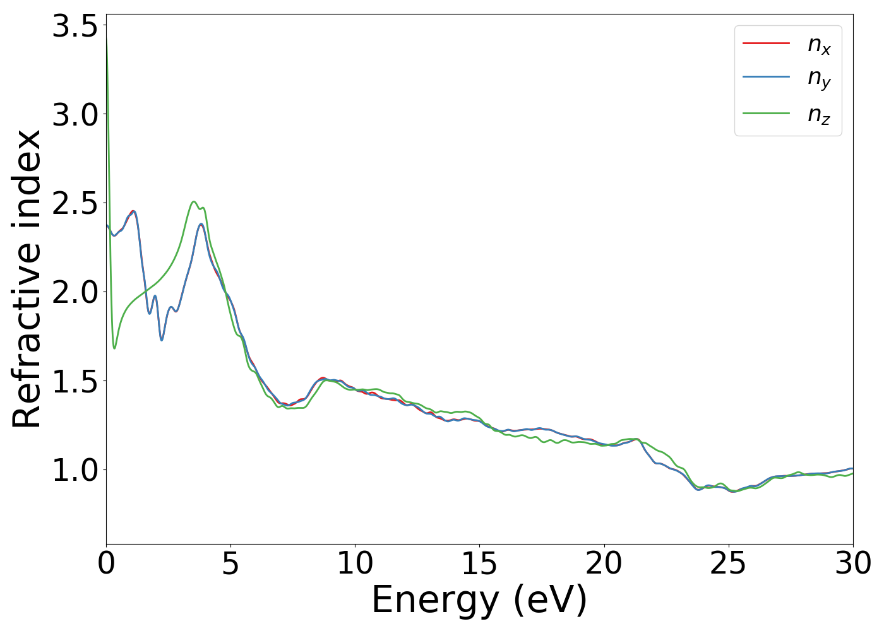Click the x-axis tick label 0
point(106,563)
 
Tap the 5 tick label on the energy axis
point(230,563)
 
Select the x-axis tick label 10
point(355,563)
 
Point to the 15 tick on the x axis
point(479,563)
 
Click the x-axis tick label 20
point(604,563)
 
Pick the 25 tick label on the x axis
point(728,563)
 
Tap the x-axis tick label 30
point(852,563)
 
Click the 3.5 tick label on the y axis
point(75,27)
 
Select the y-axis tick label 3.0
point(75,115)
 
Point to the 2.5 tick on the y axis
point(75,204)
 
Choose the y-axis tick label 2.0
point(75,293)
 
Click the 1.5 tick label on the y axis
point(75,381)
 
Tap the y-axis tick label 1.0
point(75,470)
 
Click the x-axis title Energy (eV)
point(479,600)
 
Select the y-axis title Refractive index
point(27,279)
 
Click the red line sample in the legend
point(766,43)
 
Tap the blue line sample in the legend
point(766,78)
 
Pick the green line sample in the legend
point(766,114)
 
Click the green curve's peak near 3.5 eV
point(194,202)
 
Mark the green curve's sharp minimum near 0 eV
point(114,348)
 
